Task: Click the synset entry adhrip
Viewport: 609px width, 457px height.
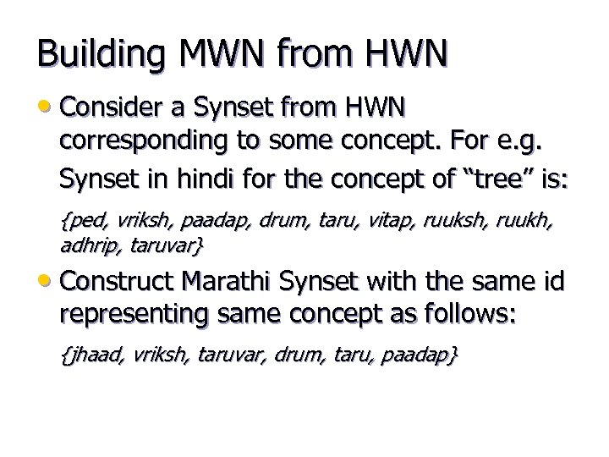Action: click(89, 247)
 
